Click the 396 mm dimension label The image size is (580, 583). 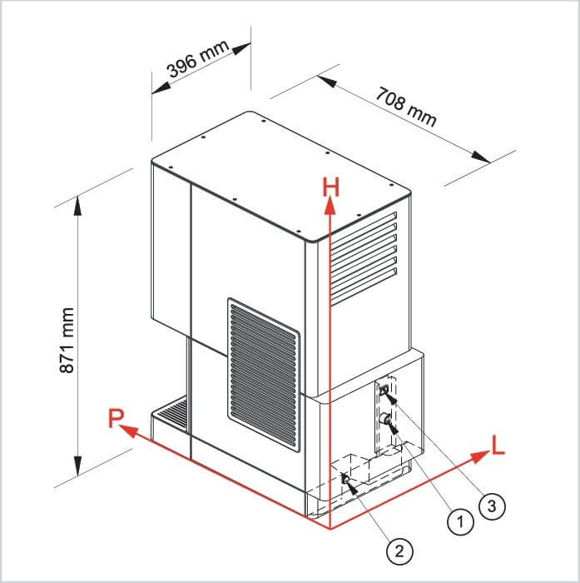tap(198, 58)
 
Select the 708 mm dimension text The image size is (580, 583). tap(405, 107)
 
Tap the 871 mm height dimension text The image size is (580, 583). tap(67, 340)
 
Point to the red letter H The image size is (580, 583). tap(330, 187)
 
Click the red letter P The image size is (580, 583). tap(116, 418)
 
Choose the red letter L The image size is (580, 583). tap(498, 445)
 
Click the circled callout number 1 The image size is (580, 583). tap(460, 521)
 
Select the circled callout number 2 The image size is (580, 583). tap(399, 551)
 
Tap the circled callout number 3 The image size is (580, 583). tap(492, 506)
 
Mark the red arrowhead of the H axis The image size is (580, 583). tap(330, 206)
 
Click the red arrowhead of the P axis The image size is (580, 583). tap(130, 431)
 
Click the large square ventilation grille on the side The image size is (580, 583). tap(264, 375)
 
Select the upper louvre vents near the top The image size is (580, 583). tap(364, 259)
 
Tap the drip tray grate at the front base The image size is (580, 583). tap(171, 413)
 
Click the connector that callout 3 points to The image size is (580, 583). tap(384, 390)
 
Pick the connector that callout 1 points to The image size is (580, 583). tap(384, 420)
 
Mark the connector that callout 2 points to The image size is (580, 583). tap(345, 479)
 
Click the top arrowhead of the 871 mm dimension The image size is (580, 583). tap(77, 206)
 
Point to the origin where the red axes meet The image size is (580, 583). tap(330, 527)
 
